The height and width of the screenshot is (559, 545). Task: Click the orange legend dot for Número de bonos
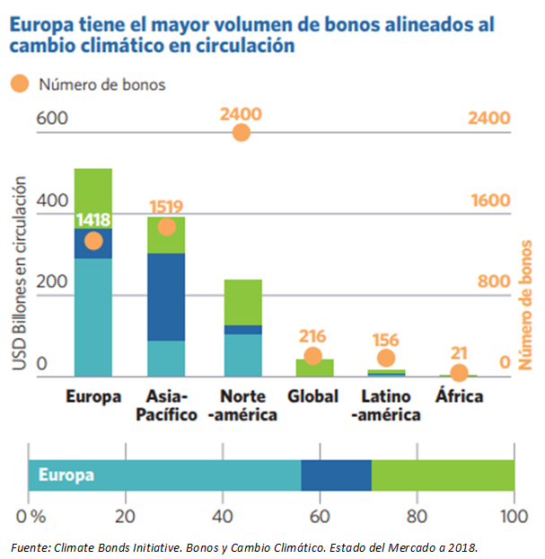tap(19, 84)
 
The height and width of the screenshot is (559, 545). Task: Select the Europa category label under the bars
tap(93, 396)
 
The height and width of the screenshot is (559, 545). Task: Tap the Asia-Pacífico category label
tap(166, 405)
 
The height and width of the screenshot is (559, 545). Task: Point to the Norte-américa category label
tap(242, 405)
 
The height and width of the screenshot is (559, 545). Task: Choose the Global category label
tap(312, 396)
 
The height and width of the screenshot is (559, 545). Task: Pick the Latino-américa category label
tap(386, 405)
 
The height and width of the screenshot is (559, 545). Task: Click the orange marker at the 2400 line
tap(241, 132)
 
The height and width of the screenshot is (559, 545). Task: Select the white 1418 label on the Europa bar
tap(93, 219)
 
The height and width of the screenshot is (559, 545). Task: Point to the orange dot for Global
tap(312, 356)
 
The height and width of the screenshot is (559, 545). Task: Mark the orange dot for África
tap(459, 372)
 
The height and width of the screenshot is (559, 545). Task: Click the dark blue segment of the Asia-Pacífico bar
tap(166, 297)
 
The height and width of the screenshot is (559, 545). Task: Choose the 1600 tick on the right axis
tap(490, 200)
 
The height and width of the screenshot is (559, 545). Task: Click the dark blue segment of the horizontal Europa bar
tap(336, 475)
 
